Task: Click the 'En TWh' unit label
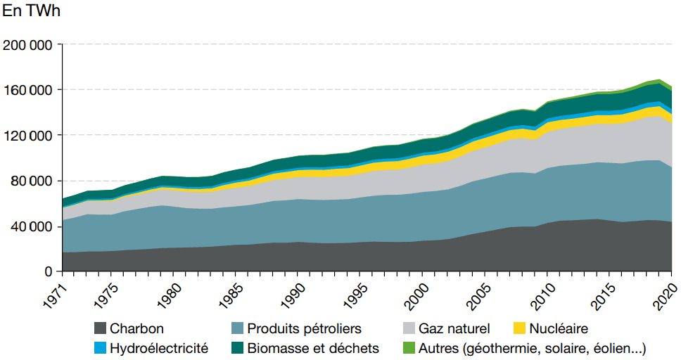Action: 32,13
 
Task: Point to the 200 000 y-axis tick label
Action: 27,45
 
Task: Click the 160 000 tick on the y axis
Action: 27,90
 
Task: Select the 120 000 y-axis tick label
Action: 27,136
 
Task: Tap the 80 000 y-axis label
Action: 31,181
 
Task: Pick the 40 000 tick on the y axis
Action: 31,226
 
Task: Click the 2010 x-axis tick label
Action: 539,293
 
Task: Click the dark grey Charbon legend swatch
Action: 100,328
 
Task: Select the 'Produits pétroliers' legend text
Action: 305,328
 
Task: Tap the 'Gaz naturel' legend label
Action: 454,328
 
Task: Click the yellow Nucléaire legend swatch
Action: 518,328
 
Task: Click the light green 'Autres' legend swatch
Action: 407,348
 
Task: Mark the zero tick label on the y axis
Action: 49,271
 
